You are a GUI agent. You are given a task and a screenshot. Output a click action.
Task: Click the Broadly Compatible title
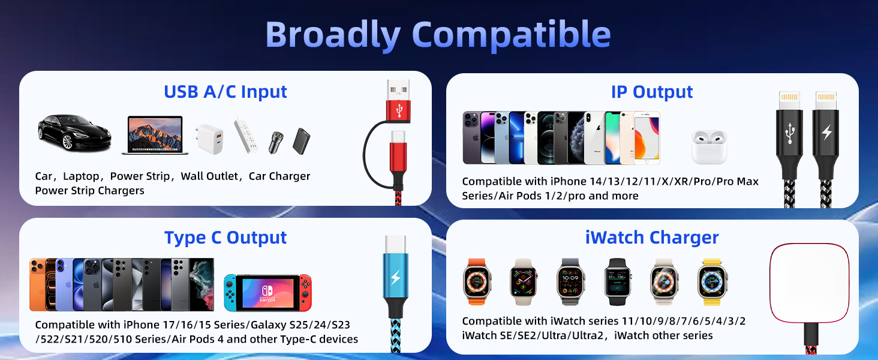click(x=438, y=35)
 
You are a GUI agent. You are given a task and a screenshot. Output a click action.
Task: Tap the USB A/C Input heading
click(x=225, y=92)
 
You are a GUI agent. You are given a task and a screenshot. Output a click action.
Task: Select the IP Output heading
click(x=652, y=92)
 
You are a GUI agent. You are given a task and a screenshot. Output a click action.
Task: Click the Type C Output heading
click(x=225, y=238)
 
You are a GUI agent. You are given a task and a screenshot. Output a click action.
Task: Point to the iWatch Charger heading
click(x=652, y=238)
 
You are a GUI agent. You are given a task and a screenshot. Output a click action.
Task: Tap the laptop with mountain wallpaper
click(x=155, y=135)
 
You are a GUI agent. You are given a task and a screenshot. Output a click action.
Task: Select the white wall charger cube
click(x=208, y=139)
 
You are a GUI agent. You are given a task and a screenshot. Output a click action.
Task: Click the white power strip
click(x=246, y=134)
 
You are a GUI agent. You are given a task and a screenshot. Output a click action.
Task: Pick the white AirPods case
click(x=709, y=146)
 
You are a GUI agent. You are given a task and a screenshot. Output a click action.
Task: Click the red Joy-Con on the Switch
click(x=306, y=293)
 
